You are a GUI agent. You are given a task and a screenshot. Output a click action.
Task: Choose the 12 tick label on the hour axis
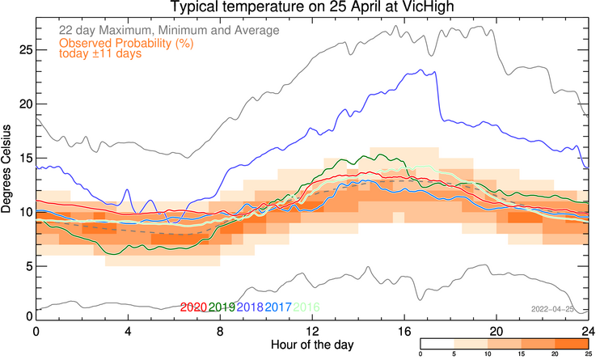312,332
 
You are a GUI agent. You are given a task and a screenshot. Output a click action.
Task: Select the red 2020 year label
194,307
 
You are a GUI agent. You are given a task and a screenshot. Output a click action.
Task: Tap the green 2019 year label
222,307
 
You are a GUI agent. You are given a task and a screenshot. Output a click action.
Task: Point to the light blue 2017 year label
279,307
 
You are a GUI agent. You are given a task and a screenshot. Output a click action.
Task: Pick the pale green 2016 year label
307,307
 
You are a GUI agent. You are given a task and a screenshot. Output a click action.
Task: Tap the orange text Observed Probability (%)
129,43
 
